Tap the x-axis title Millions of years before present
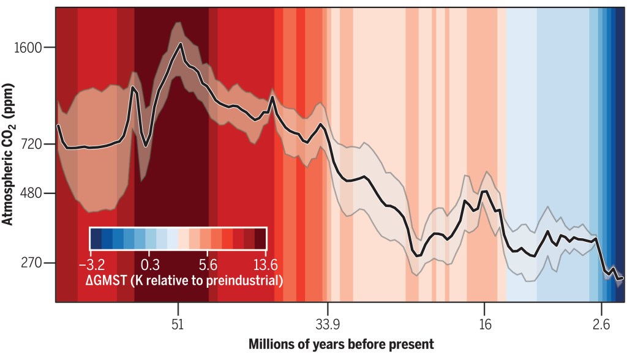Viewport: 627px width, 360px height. tap(341, 344)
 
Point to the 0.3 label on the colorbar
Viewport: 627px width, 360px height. tap(150, 264)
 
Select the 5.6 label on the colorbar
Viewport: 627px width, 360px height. tap(209, 264)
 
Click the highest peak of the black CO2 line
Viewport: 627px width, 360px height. tap(181, 43)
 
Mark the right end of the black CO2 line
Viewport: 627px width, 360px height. tap(622, 278)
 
